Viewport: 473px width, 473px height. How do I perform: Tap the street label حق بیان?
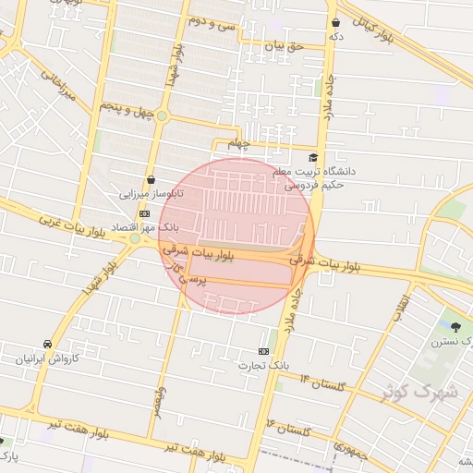(284, 44)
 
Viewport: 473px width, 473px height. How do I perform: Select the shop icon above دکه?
(335, 22)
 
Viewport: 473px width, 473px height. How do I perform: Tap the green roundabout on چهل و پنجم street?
(163, 115)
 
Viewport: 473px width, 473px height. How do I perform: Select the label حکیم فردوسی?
(313, 184)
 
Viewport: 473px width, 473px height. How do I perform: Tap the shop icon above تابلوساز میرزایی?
(150, 180)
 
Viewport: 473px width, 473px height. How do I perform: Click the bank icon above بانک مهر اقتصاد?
(143, 212)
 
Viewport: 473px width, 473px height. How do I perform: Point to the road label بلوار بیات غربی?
(68, 224)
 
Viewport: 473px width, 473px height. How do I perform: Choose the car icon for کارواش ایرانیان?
(47, 343)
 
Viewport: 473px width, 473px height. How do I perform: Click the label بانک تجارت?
(287, 365)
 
